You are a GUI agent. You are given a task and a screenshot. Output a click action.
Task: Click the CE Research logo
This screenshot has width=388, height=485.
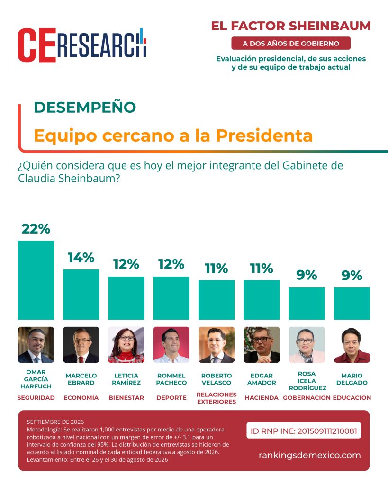click(x=82, y=45)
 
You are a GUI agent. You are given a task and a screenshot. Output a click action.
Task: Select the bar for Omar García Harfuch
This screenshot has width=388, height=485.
click(x=36, y=280)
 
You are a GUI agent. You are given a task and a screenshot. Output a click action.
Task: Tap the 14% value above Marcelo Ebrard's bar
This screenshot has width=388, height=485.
click(x=81, y=257)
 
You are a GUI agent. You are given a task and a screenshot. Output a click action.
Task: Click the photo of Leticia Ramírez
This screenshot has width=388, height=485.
click(x=126, y=345)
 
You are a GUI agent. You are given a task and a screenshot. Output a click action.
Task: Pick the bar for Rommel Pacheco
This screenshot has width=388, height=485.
click(x=171, y=298)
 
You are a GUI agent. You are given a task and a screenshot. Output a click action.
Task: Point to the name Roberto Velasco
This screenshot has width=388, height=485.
click(x=217, y=379)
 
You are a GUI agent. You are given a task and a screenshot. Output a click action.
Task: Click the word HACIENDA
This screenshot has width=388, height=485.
click(x=262, y=398)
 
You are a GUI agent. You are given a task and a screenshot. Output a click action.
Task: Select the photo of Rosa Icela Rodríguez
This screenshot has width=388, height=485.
click(x=307, y=345)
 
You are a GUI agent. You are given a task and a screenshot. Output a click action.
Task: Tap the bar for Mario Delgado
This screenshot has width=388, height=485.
click(x=352, y=304)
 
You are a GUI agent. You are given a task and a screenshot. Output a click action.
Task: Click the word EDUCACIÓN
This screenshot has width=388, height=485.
click(x=352, y=398)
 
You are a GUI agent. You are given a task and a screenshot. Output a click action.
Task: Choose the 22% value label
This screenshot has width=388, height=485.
click(x=36, y=229)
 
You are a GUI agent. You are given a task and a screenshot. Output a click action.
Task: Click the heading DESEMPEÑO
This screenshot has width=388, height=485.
click(x=85, y=108)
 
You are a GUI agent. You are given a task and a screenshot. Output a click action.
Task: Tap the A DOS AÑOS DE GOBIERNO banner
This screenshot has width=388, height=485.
click(x=291, y=43)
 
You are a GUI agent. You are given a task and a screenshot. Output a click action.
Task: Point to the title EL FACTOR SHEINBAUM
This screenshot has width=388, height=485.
click(x=291, y=26)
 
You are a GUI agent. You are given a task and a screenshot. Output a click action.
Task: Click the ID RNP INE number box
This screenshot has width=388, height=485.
click(x=304, y=431)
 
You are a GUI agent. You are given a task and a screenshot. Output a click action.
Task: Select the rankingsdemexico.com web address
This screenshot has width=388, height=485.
click(x=310, y=455)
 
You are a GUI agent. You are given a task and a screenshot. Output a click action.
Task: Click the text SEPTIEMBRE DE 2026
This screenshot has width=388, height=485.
click(x=55, y=422)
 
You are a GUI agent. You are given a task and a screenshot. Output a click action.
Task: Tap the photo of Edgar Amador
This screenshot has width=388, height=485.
click(x=262, y=345)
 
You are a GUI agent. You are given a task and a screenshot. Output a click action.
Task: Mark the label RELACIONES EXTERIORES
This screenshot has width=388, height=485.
click(x=217, y=398)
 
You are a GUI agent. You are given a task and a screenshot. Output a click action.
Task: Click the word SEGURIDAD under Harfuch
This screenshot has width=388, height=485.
click(x=36, y=398)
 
